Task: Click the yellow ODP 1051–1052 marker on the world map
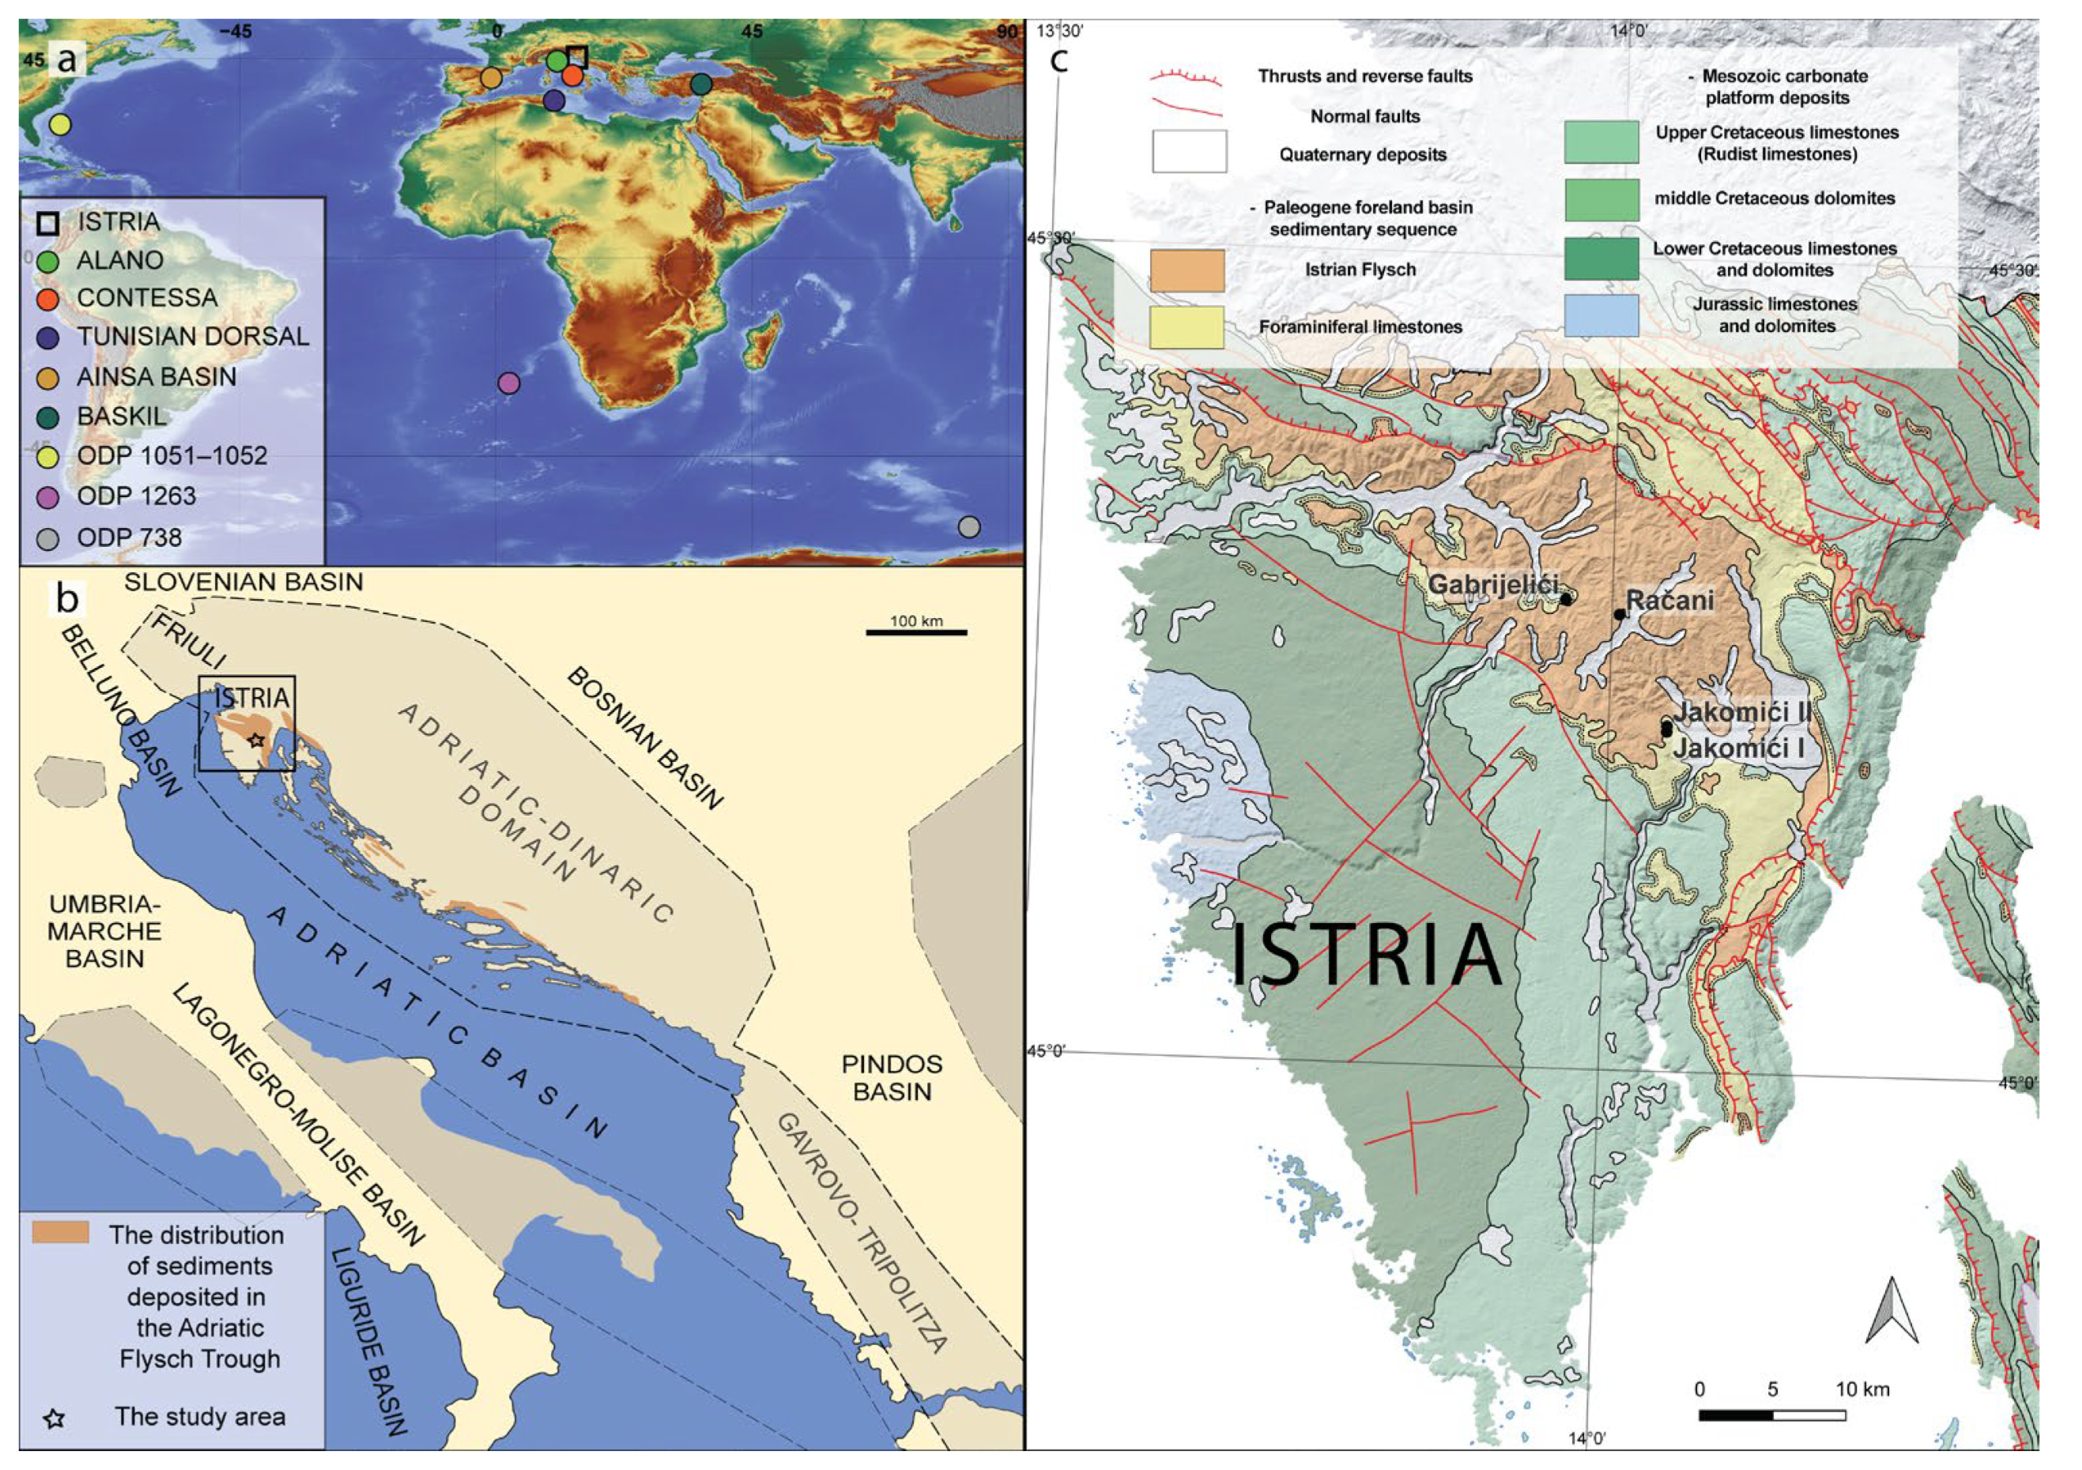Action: point(60,124)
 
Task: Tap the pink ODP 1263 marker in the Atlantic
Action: point(510,383)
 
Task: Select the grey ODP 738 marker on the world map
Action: point(969,527)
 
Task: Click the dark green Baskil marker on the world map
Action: point(702,85)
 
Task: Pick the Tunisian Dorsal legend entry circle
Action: point(48,337)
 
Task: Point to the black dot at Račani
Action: point(1620,614)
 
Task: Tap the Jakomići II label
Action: point(1742,712)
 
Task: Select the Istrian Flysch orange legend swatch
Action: point(1186,270)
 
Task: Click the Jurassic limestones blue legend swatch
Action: point(1601,315)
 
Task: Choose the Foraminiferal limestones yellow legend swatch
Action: point(1186,327)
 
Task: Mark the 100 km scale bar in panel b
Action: point(916,631)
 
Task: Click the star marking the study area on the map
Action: point(257,740)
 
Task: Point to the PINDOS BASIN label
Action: point(892,1077)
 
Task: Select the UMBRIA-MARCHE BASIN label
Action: point(104,930)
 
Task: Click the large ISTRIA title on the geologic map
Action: point(1366,955)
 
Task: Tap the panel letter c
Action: point(1058,62)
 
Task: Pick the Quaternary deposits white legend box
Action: point(1189,152)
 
